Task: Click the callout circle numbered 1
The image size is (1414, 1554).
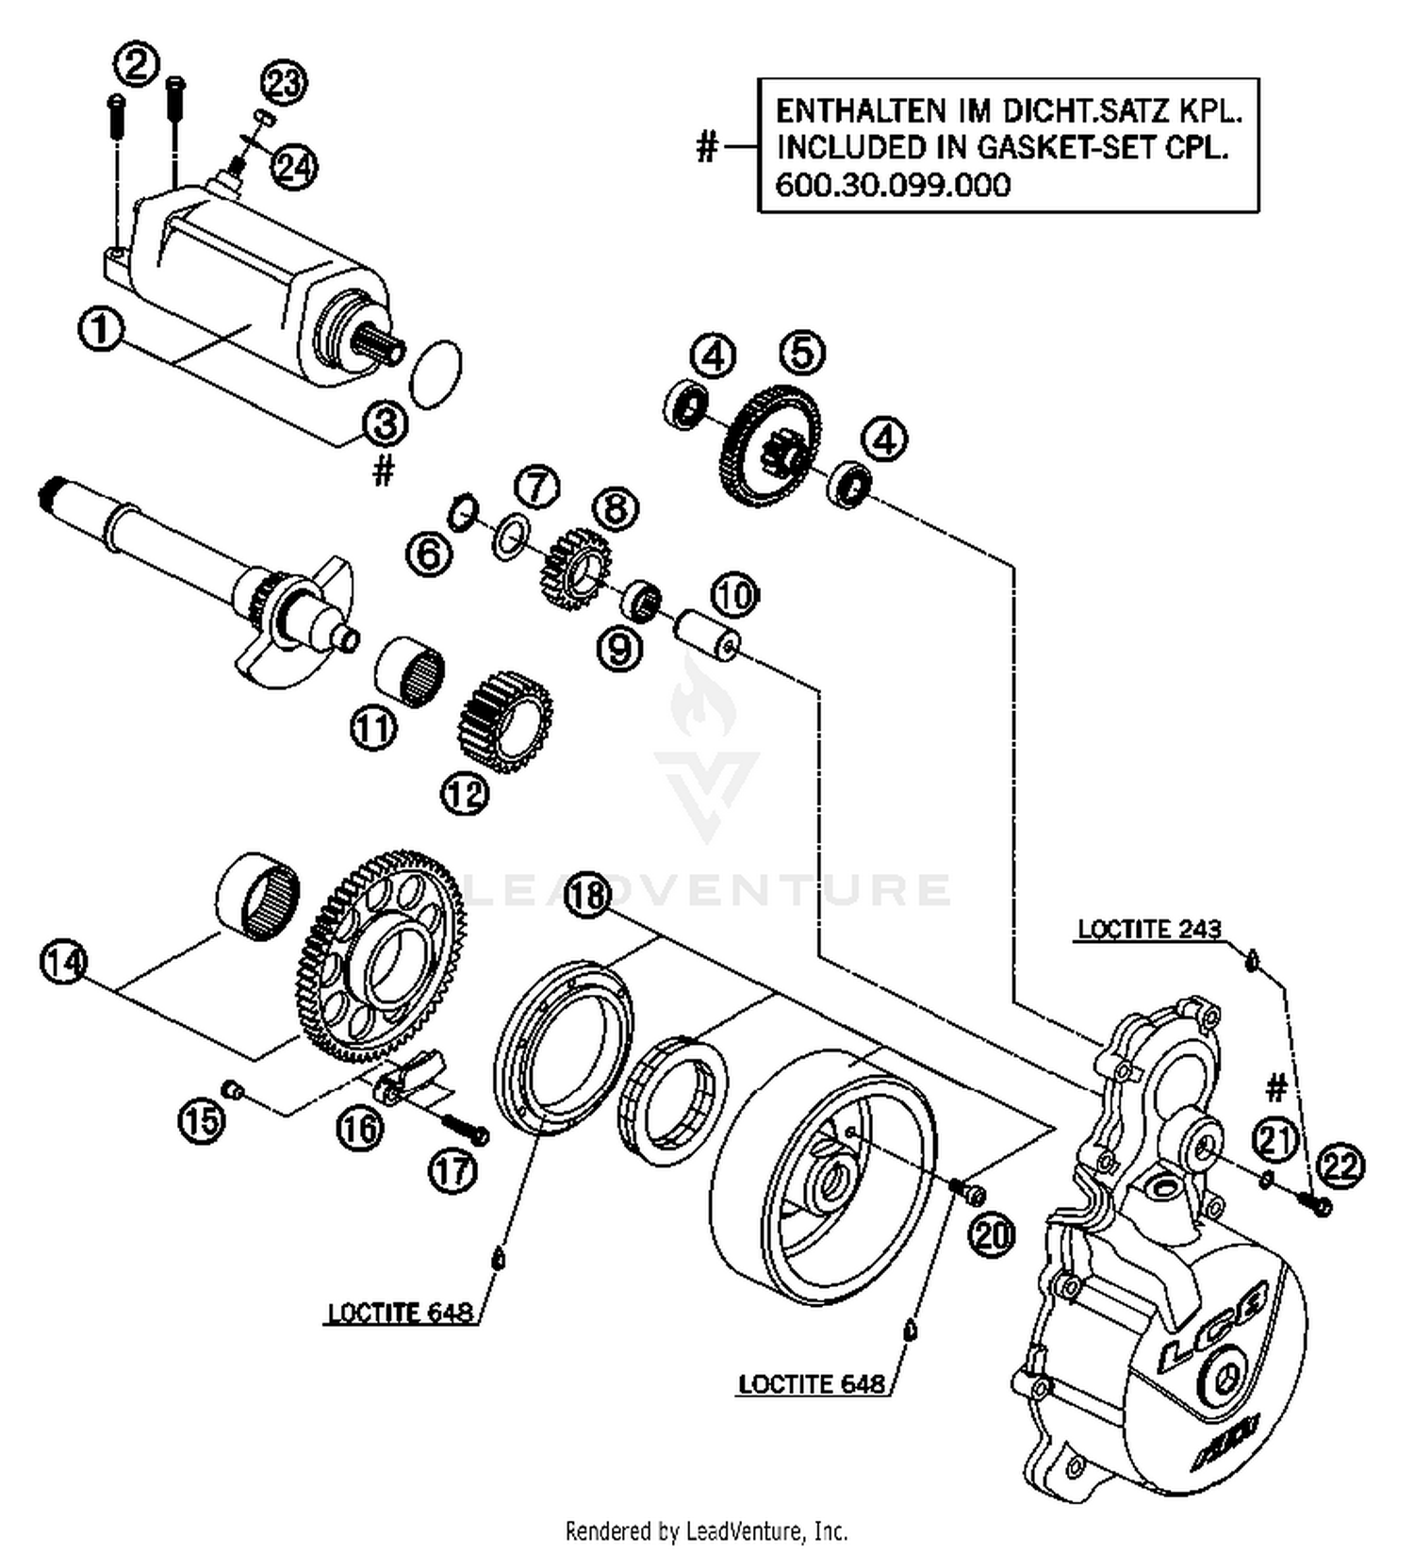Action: (101, 331)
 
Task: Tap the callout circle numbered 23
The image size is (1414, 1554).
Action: (284, 82)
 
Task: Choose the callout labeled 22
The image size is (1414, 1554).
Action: (1340, 1166)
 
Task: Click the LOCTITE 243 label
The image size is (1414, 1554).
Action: (1148, 929)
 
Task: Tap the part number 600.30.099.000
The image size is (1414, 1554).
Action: (892, 184)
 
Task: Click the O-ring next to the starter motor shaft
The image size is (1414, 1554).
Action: (436, 374)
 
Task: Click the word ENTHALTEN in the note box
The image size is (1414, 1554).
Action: (861, 111)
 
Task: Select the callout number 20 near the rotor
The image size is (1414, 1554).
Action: (992, 1233)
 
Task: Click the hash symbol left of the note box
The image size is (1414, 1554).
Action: (707, 147)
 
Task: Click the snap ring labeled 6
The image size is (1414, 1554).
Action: (463, 512)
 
